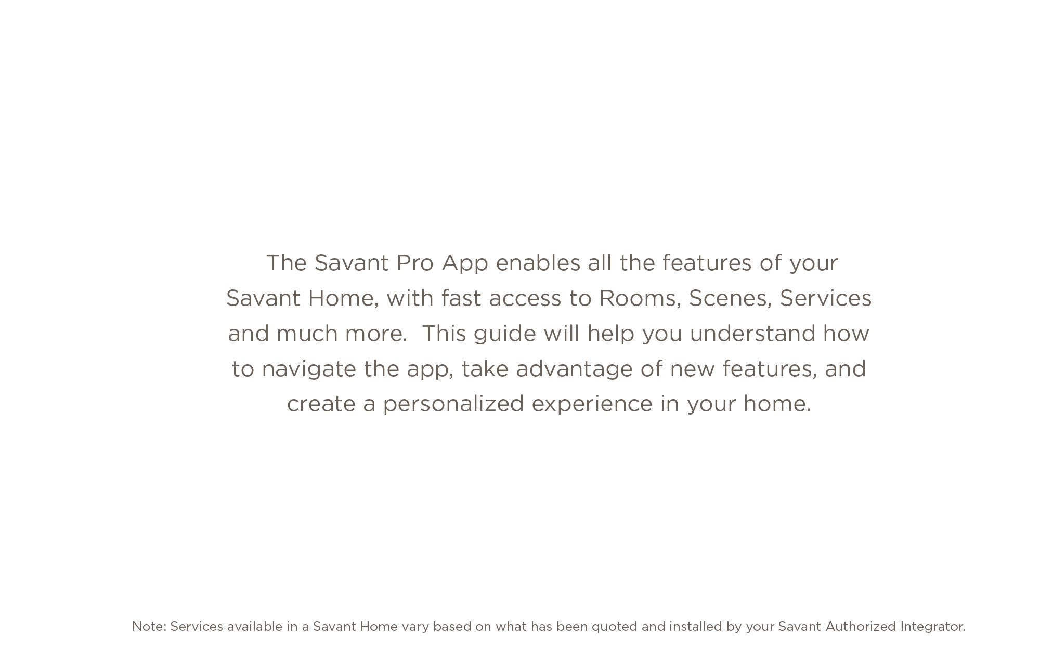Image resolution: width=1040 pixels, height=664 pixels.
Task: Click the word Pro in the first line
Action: point(415,263)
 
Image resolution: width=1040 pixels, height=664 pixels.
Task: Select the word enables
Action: point(538,263)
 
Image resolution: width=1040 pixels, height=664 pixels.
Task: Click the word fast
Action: point(461,298)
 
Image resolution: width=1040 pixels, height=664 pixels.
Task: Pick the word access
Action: point(525,299)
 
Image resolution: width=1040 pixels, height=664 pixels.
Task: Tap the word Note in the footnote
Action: point(149,627)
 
